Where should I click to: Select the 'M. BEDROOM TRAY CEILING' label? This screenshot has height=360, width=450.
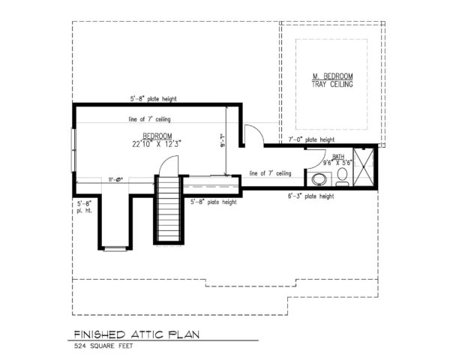[x=332, y=80]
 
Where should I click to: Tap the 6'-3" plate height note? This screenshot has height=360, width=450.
[x=310, y=197]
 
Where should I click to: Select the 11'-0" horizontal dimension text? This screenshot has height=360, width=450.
[x=115, y=178]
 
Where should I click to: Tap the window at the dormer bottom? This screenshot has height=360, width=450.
[x=115, y=247]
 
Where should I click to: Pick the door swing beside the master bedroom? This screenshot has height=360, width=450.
[x=253, y=134]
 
